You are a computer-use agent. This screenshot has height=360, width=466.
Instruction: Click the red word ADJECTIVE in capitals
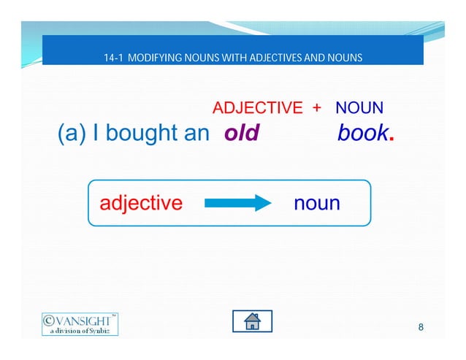pos(257,109)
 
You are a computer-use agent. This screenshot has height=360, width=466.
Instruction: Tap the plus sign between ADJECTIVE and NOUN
pos(316,109)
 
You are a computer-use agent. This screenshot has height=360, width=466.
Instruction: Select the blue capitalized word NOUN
pos(359,109)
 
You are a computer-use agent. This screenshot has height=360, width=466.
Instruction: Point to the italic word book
pos(363,134)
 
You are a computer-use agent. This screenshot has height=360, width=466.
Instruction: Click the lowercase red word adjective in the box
pos(140,202)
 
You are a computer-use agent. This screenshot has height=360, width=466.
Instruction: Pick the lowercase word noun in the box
pos(316,203)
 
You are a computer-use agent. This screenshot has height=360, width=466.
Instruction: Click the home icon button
pos(252,321)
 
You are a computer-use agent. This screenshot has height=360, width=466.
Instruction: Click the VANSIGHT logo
pos(79,323)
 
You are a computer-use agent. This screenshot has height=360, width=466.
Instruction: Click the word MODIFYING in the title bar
pos(156,56)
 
